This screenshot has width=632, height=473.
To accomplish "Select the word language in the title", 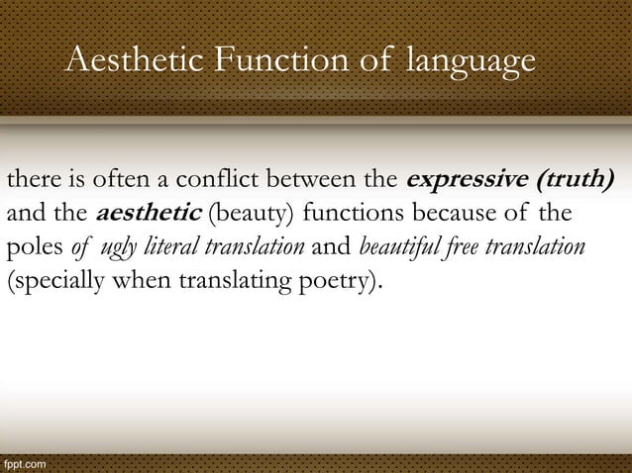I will coord(470,62).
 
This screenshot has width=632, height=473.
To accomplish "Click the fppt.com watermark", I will coord(22,463).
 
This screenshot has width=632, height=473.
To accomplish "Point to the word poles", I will coord(33,244).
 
